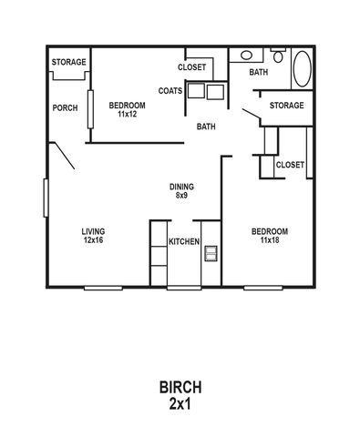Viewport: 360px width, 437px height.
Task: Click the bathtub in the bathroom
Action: [x=302, y=69]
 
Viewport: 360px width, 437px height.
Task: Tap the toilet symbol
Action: [x=278, y=56]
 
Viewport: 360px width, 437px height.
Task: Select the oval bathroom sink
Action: [x=246, y=56]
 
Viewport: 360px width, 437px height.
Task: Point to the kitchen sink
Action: [x=211, y=253]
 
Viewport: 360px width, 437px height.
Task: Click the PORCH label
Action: [x=65, y=107]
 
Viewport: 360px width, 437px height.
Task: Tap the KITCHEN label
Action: [x=184, y=241]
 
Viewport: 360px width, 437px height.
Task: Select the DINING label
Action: [x=181, y=187]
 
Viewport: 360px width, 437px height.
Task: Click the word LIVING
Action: [x=93, y=231]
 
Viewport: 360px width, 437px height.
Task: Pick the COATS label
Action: [x=170, y=91]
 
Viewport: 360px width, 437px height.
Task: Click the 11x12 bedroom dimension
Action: [x=128, y=114]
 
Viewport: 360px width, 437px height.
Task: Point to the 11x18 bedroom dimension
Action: [x=270, y=240]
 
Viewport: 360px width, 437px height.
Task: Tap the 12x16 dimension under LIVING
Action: [x=94, y=240]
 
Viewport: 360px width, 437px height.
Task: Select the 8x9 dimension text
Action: [x=181, y=195]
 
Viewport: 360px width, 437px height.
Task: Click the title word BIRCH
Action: [x=180, y=387]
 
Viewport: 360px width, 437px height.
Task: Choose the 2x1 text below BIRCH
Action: [x=180, y=403]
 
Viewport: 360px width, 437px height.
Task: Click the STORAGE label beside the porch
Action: [x=68, y=62]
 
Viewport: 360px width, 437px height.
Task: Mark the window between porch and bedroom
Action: [x=90, y=109]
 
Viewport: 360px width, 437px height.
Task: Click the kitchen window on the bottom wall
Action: [x=184, y=288]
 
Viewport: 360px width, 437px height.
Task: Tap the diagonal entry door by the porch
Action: [x=62, y=155]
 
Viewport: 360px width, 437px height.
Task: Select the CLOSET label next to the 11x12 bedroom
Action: [x=191, y=67]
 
